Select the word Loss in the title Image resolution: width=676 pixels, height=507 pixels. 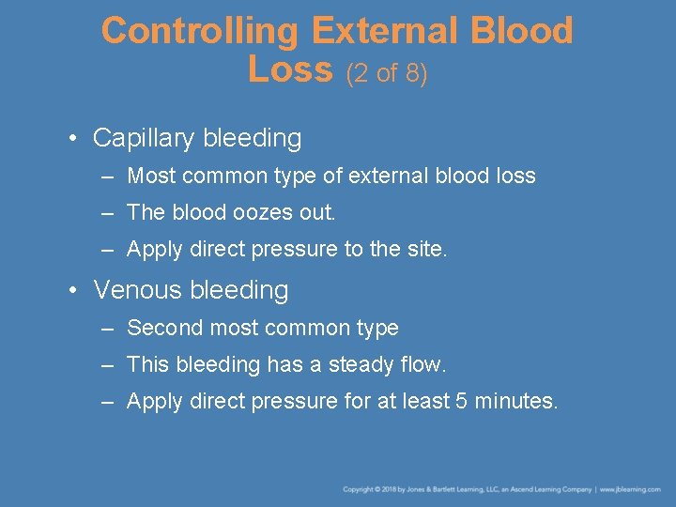coord(290,69)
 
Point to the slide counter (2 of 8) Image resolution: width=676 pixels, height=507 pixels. coord(387,73)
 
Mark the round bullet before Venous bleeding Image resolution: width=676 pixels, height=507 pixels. coord(73,291)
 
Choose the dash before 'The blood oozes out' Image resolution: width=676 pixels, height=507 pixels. coord(108,213)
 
